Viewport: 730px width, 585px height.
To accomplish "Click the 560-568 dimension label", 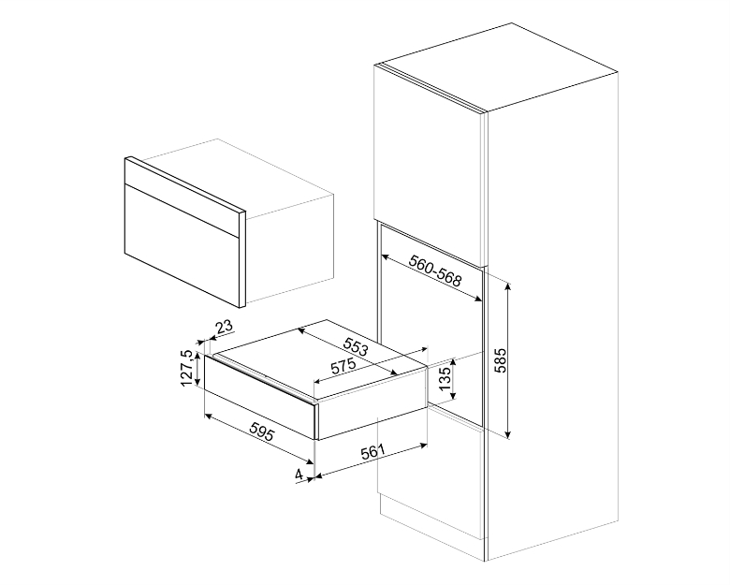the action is coord(435,271).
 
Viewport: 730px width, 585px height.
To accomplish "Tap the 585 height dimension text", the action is coord(501,360).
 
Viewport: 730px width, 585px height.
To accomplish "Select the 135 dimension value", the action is coord(445,379).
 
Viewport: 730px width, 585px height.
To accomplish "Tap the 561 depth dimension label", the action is coord(372,451).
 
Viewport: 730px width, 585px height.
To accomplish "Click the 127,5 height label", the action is coord(187,368).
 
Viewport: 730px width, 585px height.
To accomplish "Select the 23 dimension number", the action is coord(225,327).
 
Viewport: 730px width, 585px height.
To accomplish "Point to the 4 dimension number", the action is coord(299,475).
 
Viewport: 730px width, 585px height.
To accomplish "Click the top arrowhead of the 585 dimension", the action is coord(508,286).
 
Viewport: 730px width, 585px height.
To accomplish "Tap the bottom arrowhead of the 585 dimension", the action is coord(508,434).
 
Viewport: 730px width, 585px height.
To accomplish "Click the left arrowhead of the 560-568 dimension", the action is coord(385,256).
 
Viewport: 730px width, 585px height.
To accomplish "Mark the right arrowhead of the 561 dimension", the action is coord(423,446).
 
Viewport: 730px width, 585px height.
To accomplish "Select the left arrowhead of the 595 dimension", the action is coord(209,416).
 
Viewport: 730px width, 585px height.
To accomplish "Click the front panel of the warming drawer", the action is coord(260,396).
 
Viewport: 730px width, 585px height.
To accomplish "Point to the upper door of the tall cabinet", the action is coord(430,163).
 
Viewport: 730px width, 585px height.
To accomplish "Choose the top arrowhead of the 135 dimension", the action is coord(454,363).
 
